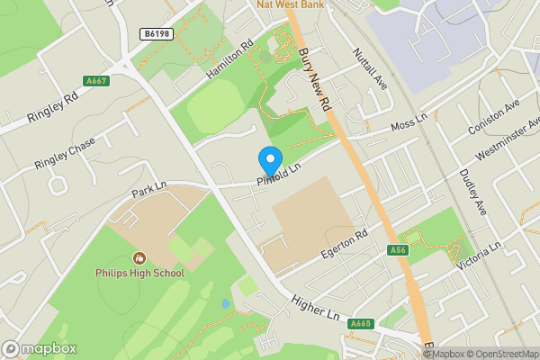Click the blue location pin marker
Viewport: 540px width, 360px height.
[x=269, y=161]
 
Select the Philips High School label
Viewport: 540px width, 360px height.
[x=139, y=273]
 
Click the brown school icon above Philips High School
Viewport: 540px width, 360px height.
[x=139, y=258]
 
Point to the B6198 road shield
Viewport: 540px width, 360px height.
[x=156, y=33]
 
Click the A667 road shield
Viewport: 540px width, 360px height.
[x=95, y=81]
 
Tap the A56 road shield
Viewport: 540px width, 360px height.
[x=399, y=249]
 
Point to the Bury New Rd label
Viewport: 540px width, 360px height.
[x=316, y=79]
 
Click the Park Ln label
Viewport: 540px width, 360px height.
[x=149, y=190]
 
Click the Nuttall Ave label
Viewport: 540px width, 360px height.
[x=370, y=68]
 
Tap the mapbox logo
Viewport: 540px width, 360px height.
[x=40, y=348]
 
